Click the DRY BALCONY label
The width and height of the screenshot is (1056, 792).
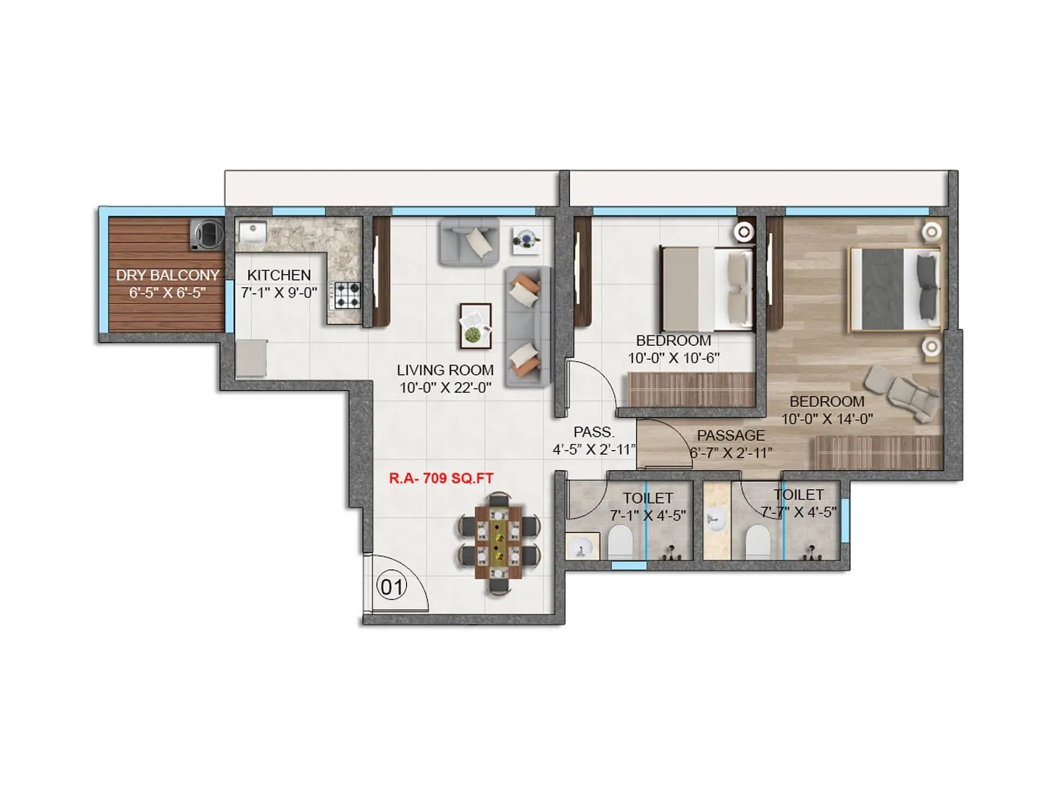tap(168, 275)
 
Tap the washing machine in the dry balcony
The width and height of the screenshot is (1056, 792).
tap(207, 234)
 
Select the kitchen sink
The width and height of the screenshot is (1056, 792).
tap(251, 232)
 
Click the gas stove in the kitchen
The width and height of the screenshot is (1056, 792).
tap(346, 295)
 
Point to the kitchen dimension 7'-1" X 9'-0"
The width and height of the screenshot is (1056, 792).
tap(279, 292)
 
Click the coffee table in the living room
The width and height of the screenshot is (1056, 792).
tap(475, 325)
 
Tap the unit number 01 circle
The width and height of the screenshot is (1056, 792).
tap(391, 586)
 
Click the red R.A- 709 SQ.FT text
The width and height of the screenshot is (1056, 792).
tap(441, 478)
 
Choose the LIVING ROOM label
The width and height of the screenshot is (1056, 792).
tap(445, 370)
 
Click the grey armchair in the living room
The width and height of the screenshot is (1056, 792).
tap(470, 242)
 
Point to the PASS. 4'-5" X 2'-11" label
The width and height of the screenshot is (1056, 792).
tap(594, 441)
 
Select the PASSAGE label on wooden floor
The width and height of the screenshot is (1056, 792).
tap(731, 436)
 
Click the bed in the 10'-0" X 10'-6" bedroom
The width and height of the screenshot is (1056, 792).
tap(706, 289)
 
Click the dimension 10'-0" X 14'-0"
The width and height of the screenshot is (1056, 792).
tap(827, 419)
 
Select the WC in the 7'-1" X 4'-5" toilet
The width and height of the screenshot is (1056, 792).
tap(620, 541)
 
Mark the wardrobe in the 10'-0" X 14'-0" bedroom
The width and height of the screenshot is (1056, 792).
tap(878, 452)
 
